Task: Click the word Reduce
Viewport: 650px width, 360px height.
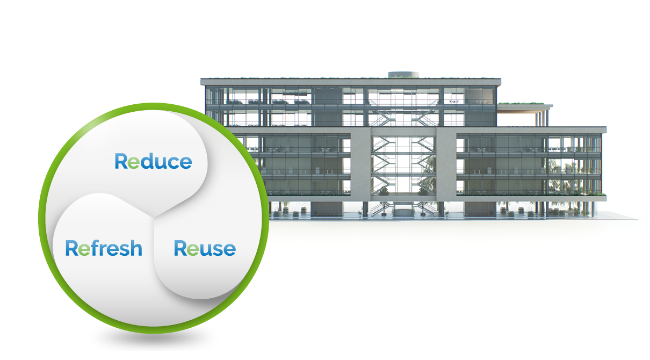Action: point(153,161)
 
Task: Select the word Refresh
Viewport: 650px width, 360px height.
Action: point(104,248)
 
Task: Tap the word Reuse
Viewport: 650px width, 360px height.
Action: point(205,248)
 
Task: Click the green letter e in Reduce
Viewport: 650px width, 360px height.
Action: point(133,162)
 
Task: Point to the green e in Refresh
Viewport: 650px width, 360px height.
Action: point(84,249)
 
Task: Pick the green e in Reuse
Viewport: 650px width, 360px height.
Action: point(192,249)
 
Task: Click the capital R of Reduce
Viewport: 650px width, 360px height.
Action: point(121,161)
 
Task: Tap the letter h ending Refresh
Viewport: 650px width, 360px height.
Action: point(136,248)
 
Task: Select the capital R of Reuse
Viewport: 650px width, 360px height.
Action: point(180,248)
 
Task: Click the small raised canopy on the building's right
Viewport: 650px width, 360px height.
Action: point(524,105)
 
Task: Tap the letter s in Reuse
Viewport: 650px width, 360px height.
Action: point(216,249)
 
